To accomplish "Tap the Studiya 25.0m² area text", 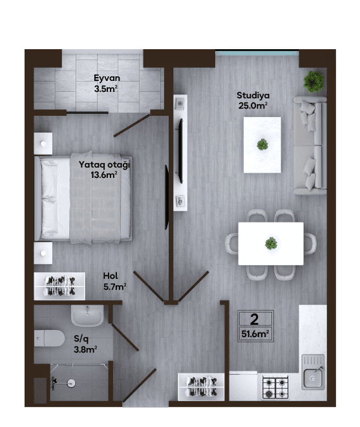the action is tap(253, 100).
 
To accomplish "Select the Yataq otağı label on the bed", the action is tap(104, 165).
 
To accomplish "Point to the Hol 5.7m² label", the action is tap(114, 281).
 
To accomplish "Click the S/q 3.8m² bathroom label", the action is tap(85, 344).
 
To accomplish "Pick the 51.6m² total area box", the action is tap(255, 326).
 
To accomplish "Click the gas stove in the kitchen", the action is tap(275, 387).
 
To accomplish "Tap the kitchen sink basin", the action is tap(313, 378).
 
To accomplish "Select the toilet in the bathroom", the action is tap(49, 338).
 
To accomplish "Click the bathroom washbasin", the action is tap(87, 315).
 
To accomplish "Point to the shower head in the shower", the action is tap(71, 384).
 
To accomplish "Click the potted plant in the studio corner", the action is tap(313, 82).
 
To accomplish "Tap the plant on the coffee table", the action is tap(262, 144).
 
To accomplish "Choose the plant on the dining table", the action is tap(271, 243).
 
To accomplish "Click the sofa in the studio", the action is tap(310, 146).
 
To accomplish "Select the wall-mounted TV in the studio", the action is tap(180, 151).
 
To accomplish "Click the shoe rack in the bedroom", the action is tap(59, 286).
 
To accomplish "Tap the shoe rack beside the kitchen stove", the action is tap(201, 386).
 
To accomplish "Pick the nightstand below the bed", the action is tap(43, 253).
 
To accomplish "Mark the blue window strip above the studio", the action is tap(257, 53).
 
